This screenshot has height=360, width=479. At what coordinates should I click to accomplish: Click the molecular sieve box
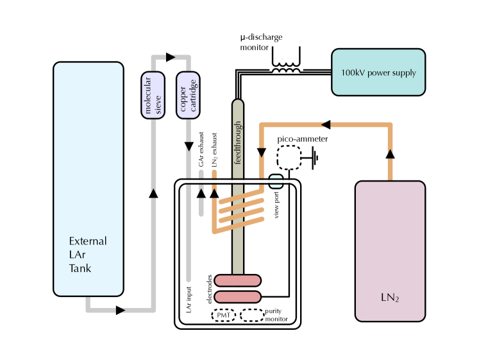(153, 96)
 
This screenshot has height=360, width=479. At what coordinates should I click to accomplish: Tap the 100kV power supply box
(378, 73)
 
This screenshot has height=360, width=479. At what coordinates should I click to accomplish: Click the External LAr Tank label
(88, 255)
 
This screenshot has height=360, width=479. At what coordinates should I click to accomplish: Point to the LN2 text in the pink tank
(389, 298)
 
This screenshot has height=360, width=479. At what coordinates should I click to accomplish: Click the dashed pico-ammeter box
(288, 158)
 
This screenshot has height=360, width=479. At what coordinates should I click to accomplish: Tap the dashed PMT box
(224, 315)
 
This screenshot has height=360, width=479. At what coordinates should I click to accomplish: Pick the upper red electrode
(237, 280)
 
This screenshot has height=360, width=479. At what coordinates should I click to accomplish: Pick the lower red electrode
(237, 296)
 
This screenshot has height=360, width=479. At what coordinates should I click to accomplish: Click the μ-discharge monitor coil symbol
(286, 67)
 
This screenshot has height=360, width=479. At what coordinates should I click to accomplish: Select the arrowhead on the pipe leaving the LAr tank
(121, 311)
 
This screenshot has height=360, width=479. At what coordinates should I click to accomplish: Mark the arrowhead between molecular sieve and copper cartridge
(171, 57)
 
